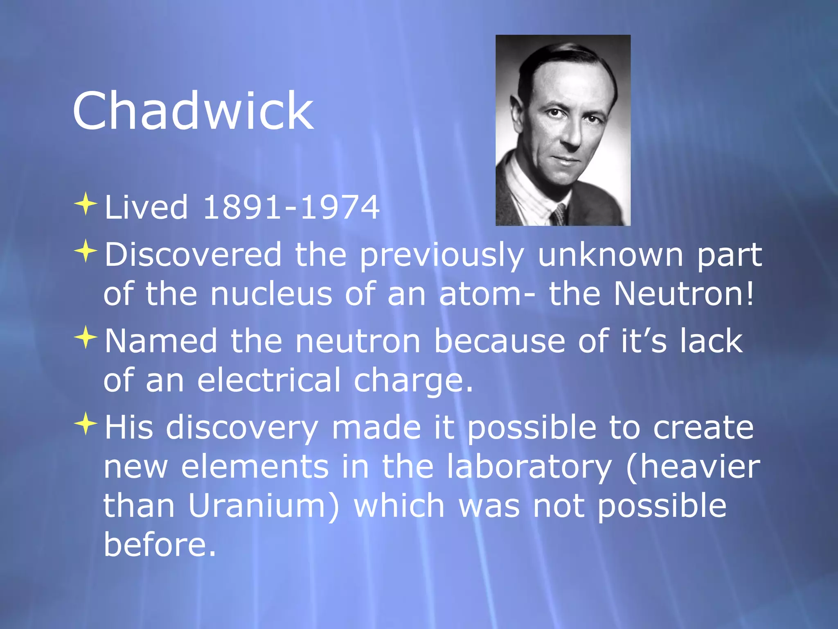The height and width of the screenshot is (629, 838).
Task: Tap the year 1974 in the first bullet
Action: (x=340, y=207)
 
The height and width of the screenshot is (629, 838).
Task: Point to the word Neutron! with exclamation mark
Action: (x=684, y=294)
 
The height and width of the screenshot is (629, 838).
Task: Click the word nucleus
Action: (x=271, y=294)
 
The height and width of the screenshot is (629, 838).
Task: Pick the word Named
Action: (x=161, y=341)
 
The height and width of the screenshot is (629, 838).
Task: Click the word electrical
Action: (x=269, y=380)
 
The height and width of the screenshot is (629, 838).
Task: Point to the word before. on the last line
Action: (x=160, y=544)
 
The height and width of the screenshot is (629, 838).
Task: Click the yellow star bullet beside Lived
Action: (x=86, y=204)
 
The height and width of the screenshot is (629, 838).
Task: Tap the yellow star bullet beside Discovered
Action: (x=86, y=251)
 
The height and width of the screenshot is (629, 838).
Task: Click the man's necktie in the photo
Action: (x=558, y=214)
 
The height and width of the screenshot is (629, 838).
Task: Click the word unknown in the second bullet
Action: (x=610, y=255)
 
